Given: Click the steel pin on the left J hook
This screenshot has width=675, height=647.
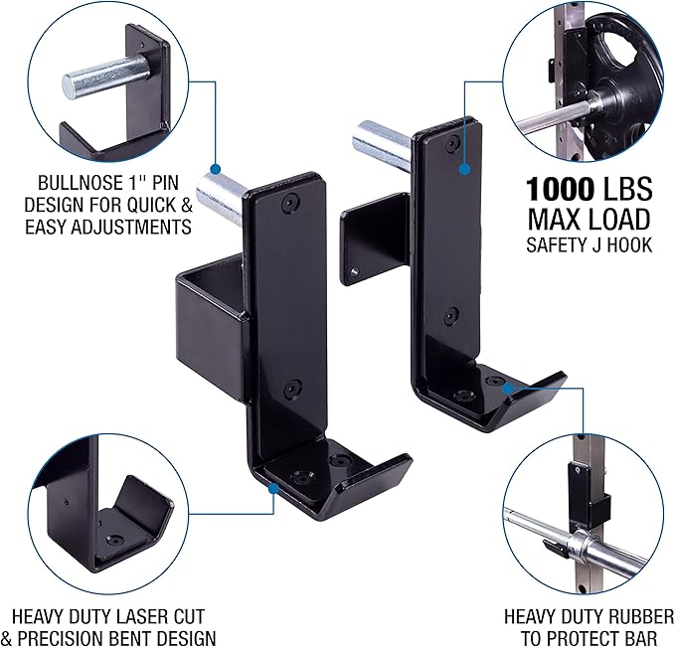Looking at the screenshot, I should point(221,190).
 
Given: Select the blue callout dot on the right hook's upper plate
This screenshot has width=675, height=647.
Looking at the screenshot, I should point(463,171).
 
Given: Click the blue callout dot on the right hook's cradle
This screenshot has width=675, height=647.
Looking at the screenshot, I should point(506,387).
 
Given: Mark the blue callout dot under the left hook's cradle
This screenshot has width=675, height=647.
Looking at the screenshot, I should point(272,487).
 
